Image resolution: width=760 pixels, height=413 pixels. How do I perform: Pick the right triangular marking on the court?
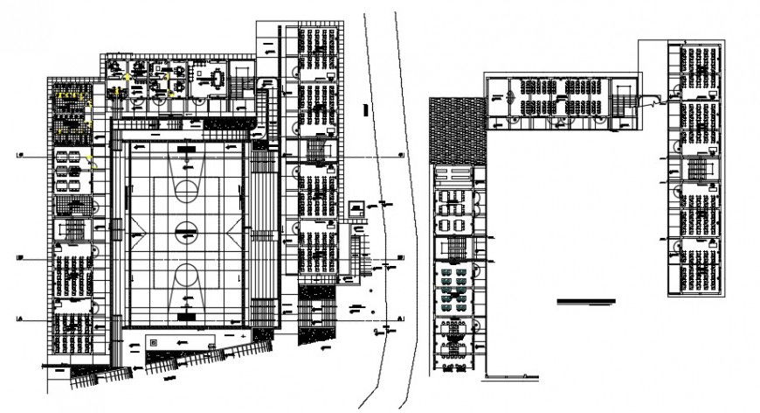(232, 233)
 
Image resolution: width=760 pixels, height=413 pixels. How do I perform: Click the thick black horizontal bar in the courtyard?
(586, 301)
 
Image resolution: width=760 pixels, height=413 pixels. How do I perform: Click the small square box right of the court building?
(356, 209)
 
